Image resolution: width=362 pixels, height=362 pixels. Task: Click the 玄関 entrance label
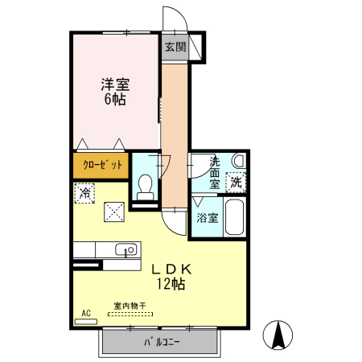point(175,46)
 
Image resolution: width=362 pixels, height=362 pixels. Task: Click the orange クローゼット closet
point(101,165)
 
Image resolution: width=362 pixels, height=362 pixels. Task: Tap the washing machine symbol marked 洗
point(236,183)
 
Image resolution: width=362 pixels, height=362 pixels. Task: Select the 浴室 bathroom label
point(205,216)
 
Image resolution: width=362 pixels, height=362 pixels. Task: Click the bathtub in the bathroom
point(236,217)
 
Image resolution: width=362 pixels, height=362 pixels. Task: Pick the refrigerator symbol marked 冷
point(84,192)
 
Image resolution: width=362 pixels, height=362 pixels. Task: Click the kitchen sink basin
point(125,250)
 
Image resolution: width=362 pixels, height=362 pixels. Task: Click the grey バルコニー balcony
point(160,343)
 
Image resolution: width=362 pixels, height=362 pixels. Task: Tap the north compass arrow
point(279,335)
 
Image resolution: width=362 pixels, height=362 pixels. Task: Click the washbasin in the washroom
point(237,162)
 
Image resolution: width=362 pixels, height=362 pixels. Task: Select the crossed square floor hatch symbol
point(113,212)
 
